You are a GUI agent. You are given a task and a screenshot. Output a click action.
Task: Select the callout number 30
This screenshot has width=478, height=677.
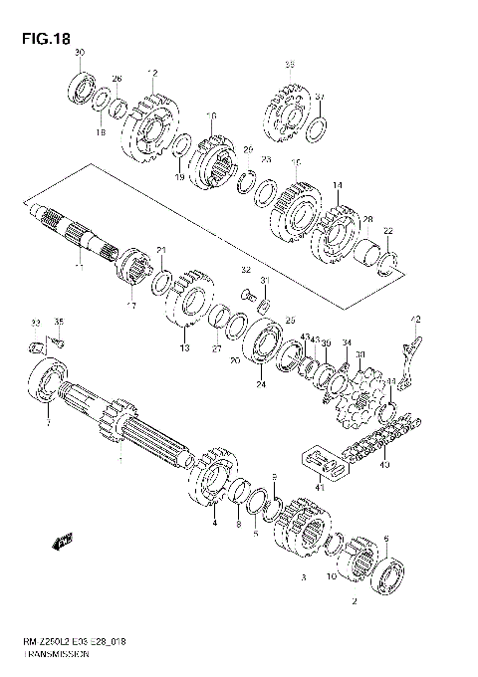pyautogui.click(x=80, y=52)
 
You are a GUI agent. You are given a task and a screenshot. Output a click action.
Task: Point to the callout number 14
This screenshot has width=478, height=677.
pyautogui.click(x=338, y=185)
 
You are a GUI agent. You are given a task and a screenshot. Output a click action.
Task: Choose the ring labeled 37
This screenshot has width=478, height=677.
pyautogui.click(x=316, y=129)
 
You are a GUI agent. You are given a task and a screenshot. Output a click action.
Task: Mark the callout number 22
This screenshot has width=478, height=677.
pyautogui.click(x=388, y=231)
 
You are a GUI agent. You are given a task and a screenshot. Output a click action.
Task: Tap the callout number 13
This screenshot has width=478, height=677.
pyautogui.click(x=183, y=348)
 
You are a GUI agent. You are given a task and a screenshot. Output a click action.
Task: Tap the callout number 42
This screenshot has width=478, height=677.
pyautogui.click(x=416, y=320)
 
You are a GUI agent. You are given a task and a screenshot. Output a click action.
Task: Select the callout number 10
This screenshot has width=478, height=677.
pyautogui.click(x=332, y=576)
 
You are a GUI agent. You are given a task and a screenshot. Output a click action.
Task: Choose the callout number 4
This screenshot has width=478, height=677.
pyautogui.click(x=213, y=521)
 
